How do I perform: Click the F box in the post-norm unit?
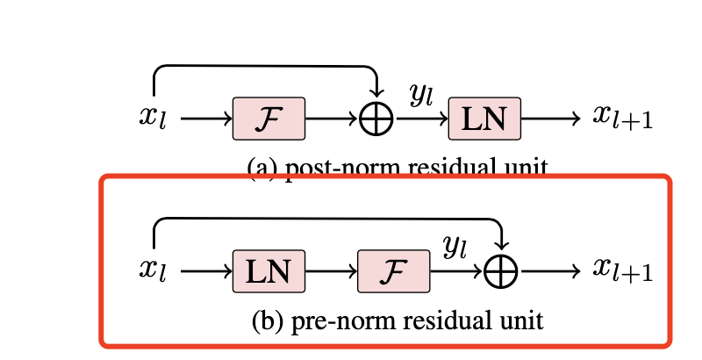[269, 119]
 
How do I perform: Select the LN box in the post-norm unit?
[484, 119]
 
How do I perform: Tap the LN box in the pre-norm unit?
[269, 271]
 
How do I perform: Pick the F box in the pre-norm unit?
[394, 271]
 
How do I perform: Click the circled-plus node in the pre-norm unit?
[502, 272]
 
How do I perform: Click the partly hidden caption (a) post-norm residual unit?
[398, 167]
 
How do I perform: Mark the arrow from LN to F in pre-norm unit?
[331, 271]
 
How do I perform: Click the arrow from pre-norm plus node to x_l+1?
[550, 271]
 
